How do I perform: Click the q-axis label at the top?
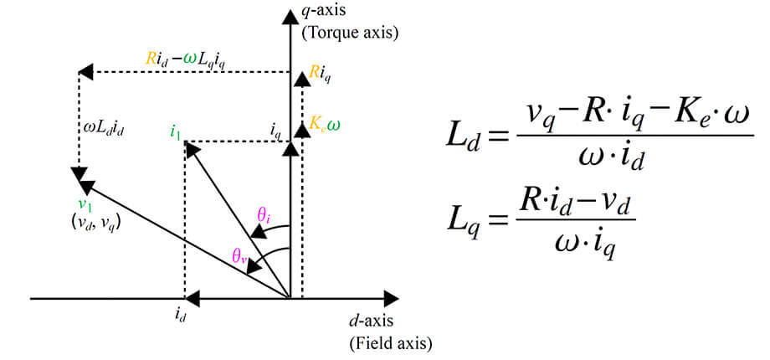click(x=325, y=13)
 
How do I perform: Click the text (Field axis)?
click(x=389, y=342)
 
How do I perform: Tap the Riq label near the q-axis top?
click(x=321, y=74)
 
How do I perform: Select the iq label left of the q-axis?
click(x=276, y=130)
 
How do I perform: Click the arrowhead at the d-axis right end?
click(x=391, y=297)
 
